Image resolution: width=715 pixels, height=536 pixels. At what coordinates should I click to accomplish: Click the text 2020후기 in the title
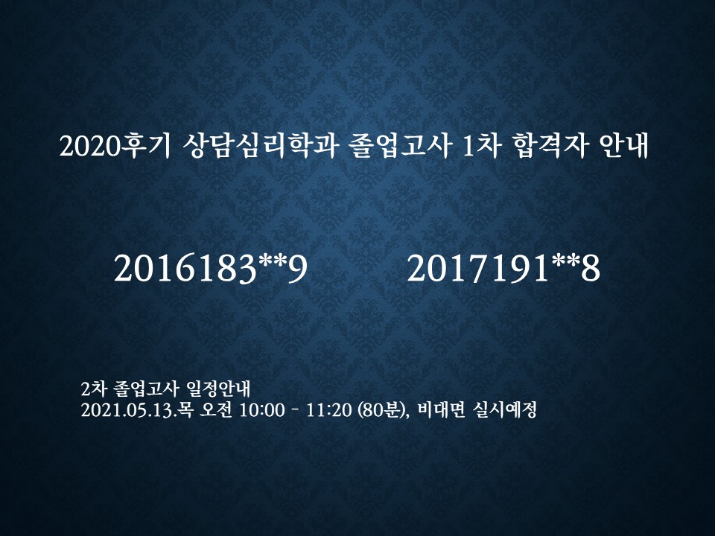pos(115,146)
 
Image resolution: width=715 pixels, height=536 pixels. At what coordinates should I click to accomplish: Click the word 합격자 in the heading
pos(550,146)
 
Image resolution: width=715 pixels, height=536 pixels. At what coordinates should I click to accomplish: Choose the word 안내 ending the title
pos(623,146)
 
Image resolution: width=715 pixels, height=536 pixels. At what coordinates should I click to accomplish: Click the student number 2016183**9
pos(211,269)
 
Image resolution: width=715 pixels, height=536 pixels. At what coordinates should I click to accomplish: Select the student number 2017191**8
pos(503,269)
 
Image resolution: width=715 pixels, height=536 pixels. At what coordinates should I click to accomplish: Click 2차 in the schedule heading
pos(94,389)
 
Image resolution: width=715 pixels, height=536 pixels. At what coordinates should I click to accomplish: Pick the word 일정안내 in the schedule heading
pos(219,389)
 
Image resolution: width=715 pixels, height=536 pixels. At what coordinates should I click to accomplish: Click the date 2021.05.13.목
pos(139,410)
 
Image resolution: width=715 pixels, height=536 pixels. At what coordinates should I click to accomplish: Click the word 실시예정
pos(504,410)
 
